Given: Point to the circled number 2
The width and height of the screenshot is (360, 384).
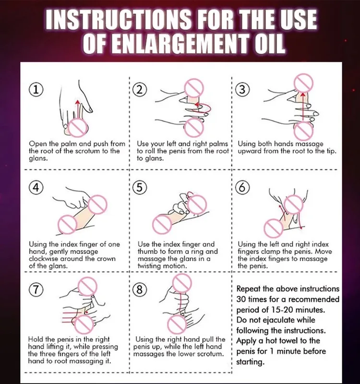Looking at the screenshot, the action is [x=140, y=90].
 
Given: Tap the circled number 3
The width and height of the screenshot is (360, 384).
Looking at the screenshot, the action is [x=242, y=90].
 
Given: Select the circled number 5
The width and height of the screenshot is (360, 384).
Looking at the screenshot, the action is [x=140, y=188].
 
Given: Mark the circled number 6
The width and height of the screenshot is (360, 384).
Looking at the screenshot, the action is [x=242, y=188].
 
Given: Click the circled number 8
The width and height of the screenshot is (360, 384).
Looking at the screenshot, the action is [x=140, y=289].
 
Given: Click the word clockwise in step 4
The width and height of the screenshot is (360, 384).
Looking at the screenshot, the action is [x=43, y=259].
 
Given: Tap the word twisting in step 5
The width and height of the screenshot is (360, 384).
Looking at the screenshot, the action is [x=149, y=266].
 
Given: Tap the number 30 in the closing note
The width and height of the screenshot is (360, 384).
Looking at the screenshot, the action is [x=241, y=299].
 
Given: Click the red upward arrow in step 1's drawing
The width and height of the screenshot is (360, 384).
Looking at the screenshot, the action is [x=78, y=109].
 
